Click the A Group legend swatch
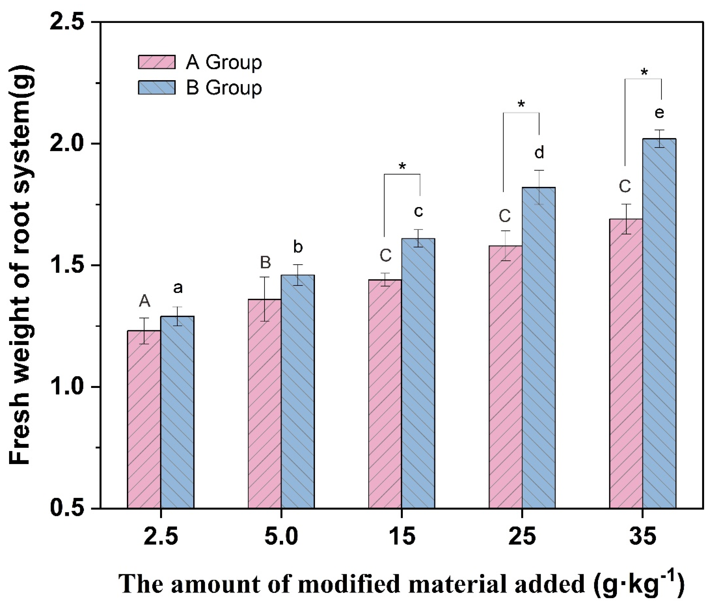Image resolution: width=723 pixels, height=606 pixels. (157, 62)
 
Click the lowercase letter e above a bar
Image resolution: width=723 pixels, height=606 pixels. (659, 113)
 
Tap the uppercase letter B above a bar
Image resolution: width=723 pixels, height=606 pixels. (265, 262)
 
